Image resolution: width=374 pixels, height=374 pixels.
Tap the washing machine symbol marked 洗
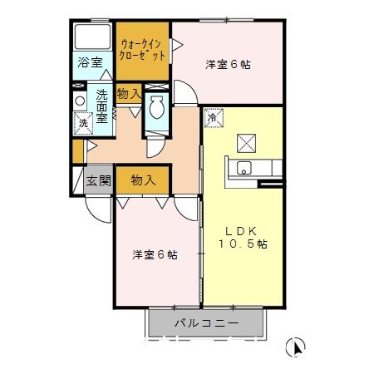82,123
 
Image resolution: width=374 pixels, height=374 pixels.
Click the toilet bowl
155,107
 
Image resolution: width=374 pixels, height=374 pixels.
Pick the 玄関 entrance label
97,180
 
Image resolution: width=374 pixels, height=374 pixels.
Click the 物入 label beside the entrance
142,179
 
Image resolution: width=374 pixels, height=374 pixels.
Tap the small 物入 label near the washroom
128,94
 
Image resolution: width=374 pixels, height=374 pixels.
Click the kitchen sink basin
244,170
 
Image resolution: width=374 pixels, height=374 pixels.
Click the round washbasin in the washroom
80,101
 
